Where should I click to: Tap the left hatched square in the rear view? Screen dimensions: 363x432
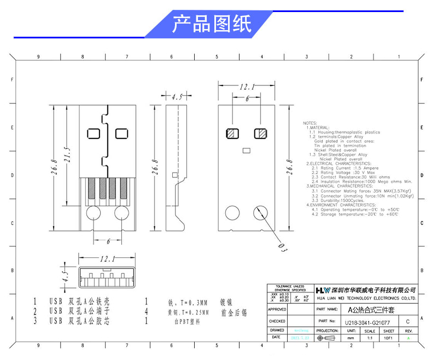pos(232,133)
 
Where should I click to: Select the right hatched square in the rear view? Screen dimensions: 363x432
pos(260,133)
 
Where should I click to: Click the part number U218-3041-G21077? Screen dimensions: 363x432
pos(367,322)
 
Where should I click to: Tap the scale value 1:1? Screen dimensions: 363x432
pos(370,338)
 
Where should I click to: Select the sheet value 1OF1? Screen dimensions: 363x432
pos(389,338)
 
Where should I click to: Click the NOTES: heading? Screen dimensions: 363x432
pos(310,123)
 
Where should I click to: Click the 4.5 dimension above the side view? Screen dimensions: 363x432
pos(177,97)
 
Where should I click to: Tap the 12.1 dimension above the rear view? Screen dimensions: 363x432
pos(247,87)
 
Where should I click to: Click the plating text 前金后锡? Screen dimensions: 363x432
pos(234,313)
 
